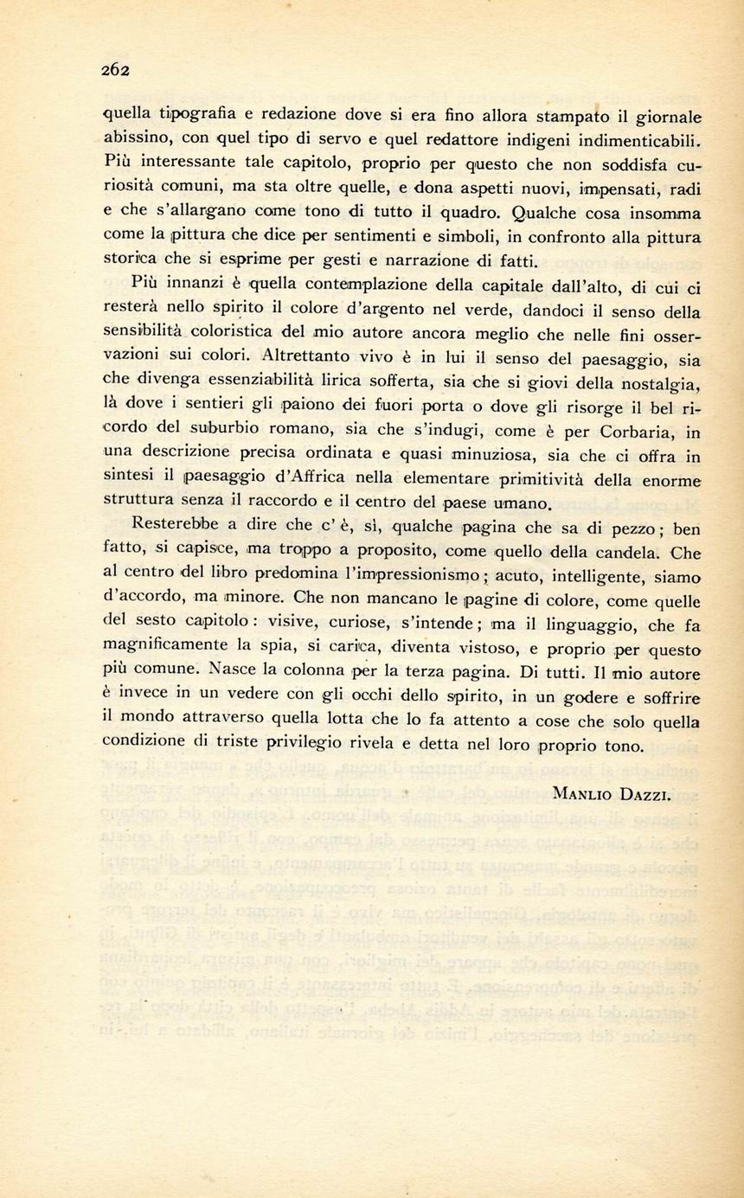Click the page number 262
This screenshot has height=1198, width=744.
point(114,72)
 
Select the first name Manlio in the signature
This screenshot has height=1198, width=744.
point(582,795)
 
